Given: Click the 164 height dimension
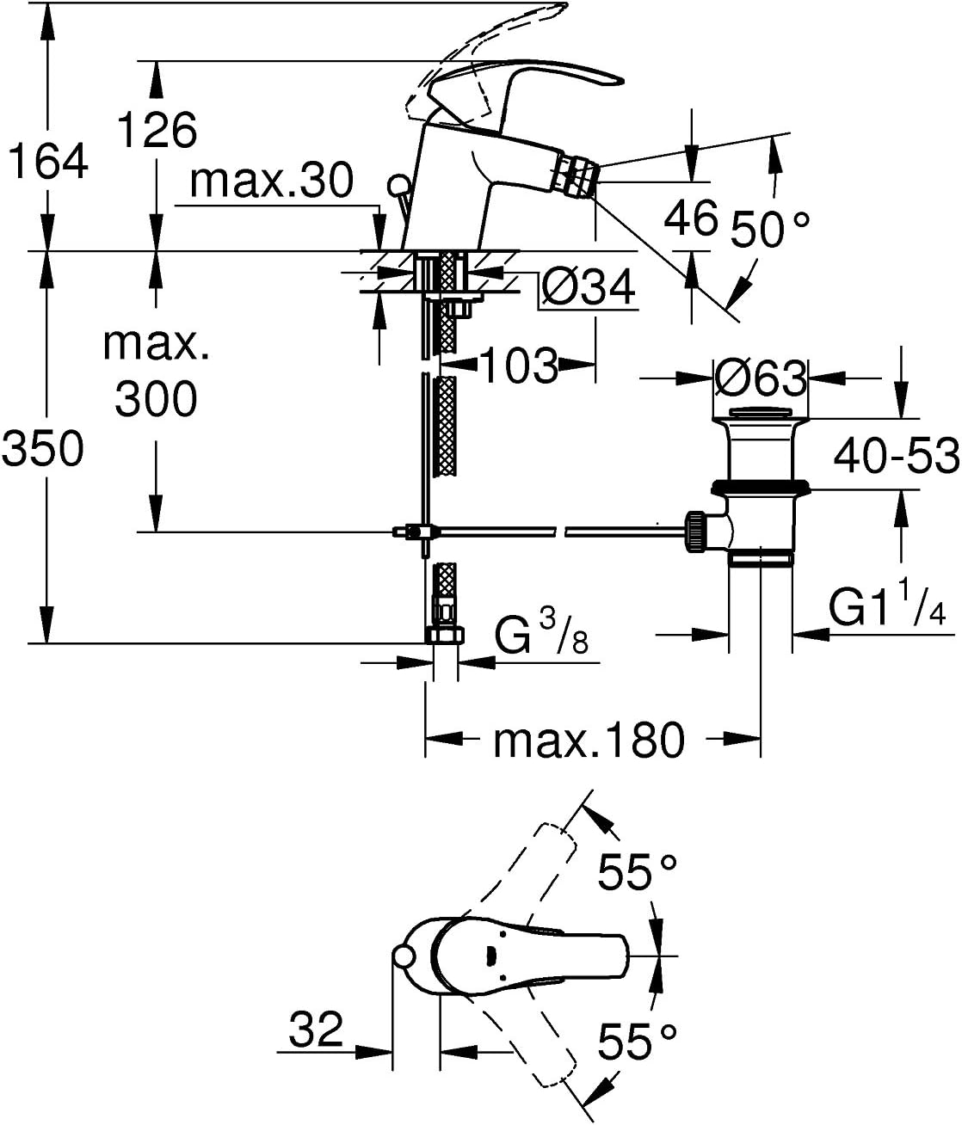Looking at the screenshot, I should [48, 160].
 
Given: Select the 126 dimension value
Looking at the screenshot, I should [157, 129].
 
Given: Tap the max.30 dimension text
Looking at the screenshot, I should [272, 181].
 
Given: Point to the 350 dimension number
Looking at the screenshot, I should [43, 448].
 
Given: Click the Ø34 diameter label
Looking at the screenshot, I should [589, 286].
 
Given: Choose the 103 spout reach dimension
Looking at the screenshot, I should [518, 366].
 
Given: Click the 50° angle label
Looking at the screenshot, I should [770, 229].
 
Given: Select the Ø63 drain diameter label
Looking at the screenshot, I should [761, 378].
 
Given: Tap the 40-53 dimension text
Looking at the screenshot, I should [896, 454].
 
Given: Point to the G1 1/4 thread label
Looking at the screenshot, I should [888, 609].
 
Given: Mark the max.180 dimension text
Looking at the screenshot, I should [589, 739].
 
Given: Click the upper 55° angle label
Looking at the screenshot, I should [638, 873].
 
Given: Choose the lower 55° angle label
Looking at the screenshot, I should [638, 1042].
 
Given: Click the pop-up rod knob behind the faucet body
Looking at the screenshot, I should [398, 184].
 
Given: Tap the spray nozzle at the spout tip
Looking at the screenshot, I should [576, 174].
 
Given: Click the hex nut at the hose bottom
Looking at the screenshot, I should [444, 636].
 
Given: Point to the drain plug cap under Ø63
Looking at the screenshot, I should [761, 413].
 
